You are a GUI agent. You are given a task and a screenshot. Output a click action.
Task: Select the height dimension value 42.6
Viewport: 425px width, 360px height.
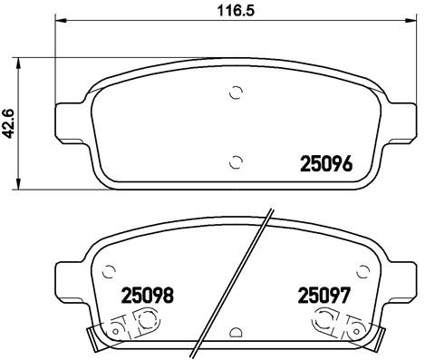(x=10, y=120)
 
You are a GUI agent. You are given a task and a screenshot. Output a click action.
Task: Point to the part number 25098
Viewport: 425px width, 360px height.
(x=146, y=295)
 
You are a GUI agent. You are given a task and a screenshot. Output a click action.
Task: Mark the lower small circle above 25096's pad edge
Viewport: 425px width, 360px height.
(x=237, y=162)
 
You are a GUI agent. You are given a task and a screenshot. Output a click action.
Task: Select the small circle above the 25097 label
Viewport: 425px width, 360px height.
(x=362, y=269)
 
